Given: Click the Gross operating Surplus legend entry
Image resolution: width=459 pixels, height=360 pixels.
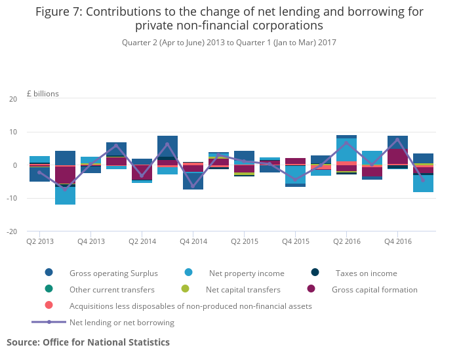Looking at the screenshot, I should (x=103, y=273).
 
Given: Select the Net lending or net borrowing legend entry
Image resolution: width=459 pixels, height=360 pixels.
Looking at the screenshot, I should (x=121, y=322).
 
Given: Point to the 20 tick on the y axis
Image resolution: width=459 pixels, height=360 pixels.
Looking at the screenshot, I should (x=13, y=99).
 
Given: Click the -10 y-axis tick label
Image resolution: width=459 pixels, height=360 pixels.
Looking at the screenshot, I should (x=12, y=198).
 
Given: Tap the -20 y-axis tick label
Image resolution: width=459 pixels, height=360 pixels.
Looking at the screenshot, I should (x=12, y=231).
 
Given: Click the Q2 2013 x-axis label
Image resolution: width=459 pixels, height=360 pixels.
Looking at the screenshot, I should (x=39, y=241).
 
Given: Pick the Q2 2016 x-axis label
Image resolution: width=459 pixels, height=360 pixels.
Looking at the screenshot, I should (x=346, y=241).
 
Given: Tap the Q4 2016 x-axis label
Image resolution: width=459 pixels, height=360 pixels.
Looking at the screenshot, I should (x=397, y=241).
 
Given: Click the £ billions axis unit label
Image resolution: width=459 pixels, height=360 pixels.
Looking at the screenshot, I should (x=43, y=94).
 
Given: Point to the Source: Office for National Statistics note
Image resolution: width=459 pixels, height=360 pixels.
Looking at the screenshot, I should (x=88, y=342).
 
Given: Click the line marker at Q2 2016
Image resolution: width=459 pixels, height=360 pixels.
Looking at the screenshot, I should (x=346, y=143).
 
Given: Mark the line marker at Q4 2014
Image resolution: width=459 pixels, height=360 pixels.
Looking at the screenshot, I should (x=193, y=186).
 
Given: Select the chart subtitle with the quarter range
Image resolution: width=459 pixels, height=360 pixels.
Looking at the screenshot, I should (x=229, y=43).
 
